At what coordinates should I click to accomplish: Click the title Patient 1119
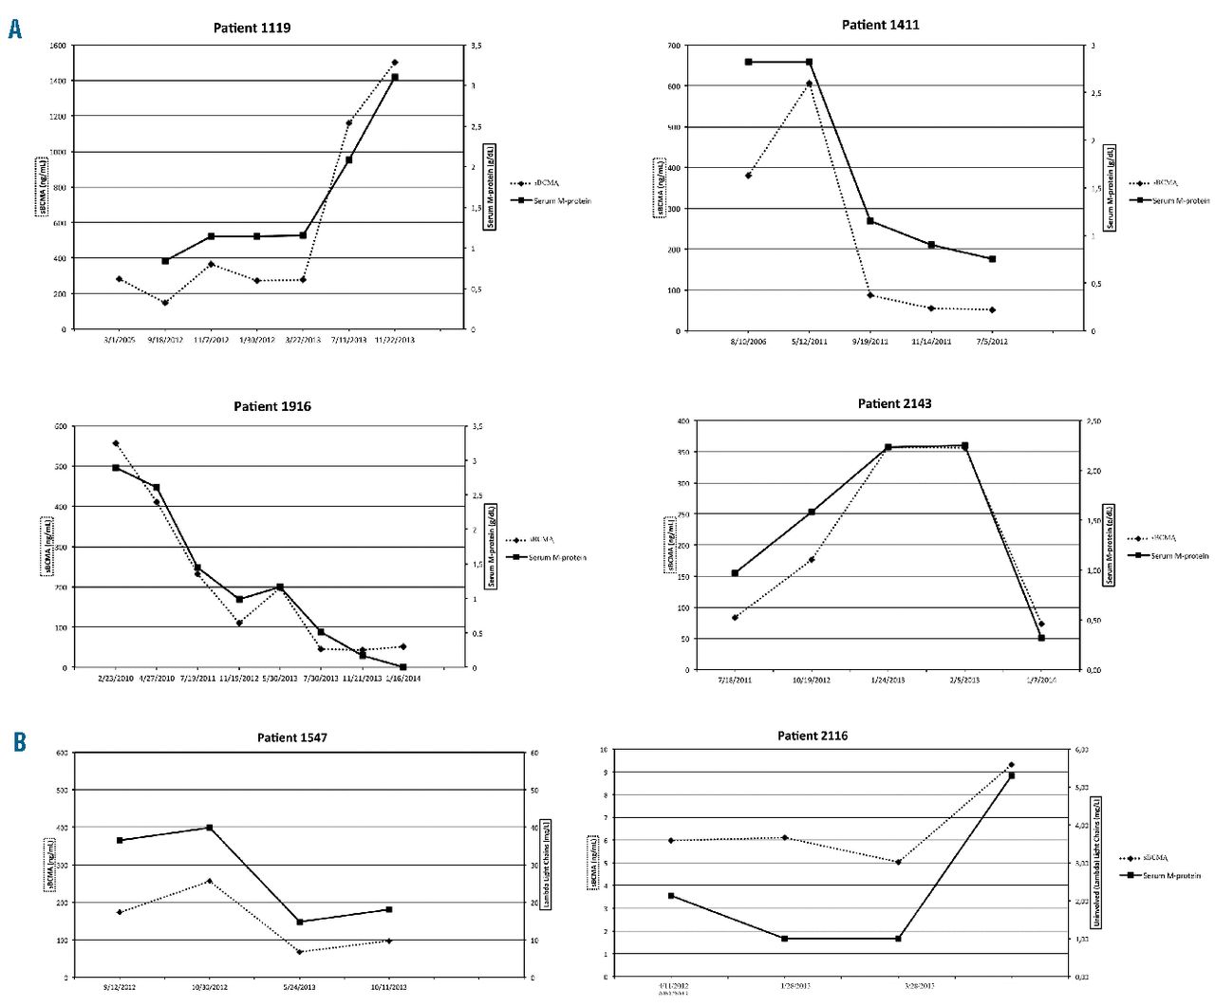click(x=252, y=28)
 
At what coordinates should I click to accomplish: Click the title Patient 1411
click(x=880, y=25)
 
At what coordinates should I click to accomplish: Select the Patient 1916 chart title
click(x=272, y=406)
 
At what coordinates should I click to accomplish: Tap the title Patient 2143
click(x=894, y=403)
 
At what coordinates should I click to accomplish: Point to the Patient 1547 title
click(x=292, y=737)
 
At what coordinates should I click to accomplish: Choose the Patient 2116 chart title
click(x=813, y=736)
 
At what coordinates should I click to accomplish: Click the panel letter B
click(x=19, y=741)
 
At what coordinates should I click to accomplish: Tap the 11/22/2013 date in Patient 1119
click(x=395, y=340)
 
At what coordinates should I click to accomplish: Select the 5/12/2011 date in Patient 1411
click(x=810, y=342)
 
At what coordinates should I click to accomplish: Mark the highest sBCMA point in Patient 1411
click(x=809, y=84)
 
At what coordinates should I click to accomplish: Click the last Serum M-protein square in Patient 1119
click(x=395, y=77)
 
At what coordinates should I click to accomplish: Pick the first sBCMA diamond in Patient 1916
click(x=116, y=443)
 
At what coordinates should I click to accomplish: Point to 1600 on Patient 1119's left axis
click(x=57, y=46)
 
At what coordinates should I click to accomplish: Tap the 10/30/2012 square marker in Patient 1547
click(x=209, y=828)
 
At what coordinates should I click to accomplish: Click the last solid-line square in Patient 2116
click(x=1011, y=775)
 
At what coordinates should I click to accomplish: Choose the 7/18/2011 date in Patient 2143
click(x=735, y=680)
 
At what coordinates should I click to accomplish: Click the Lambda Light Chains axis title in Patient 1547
click(x=547, y=865)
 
